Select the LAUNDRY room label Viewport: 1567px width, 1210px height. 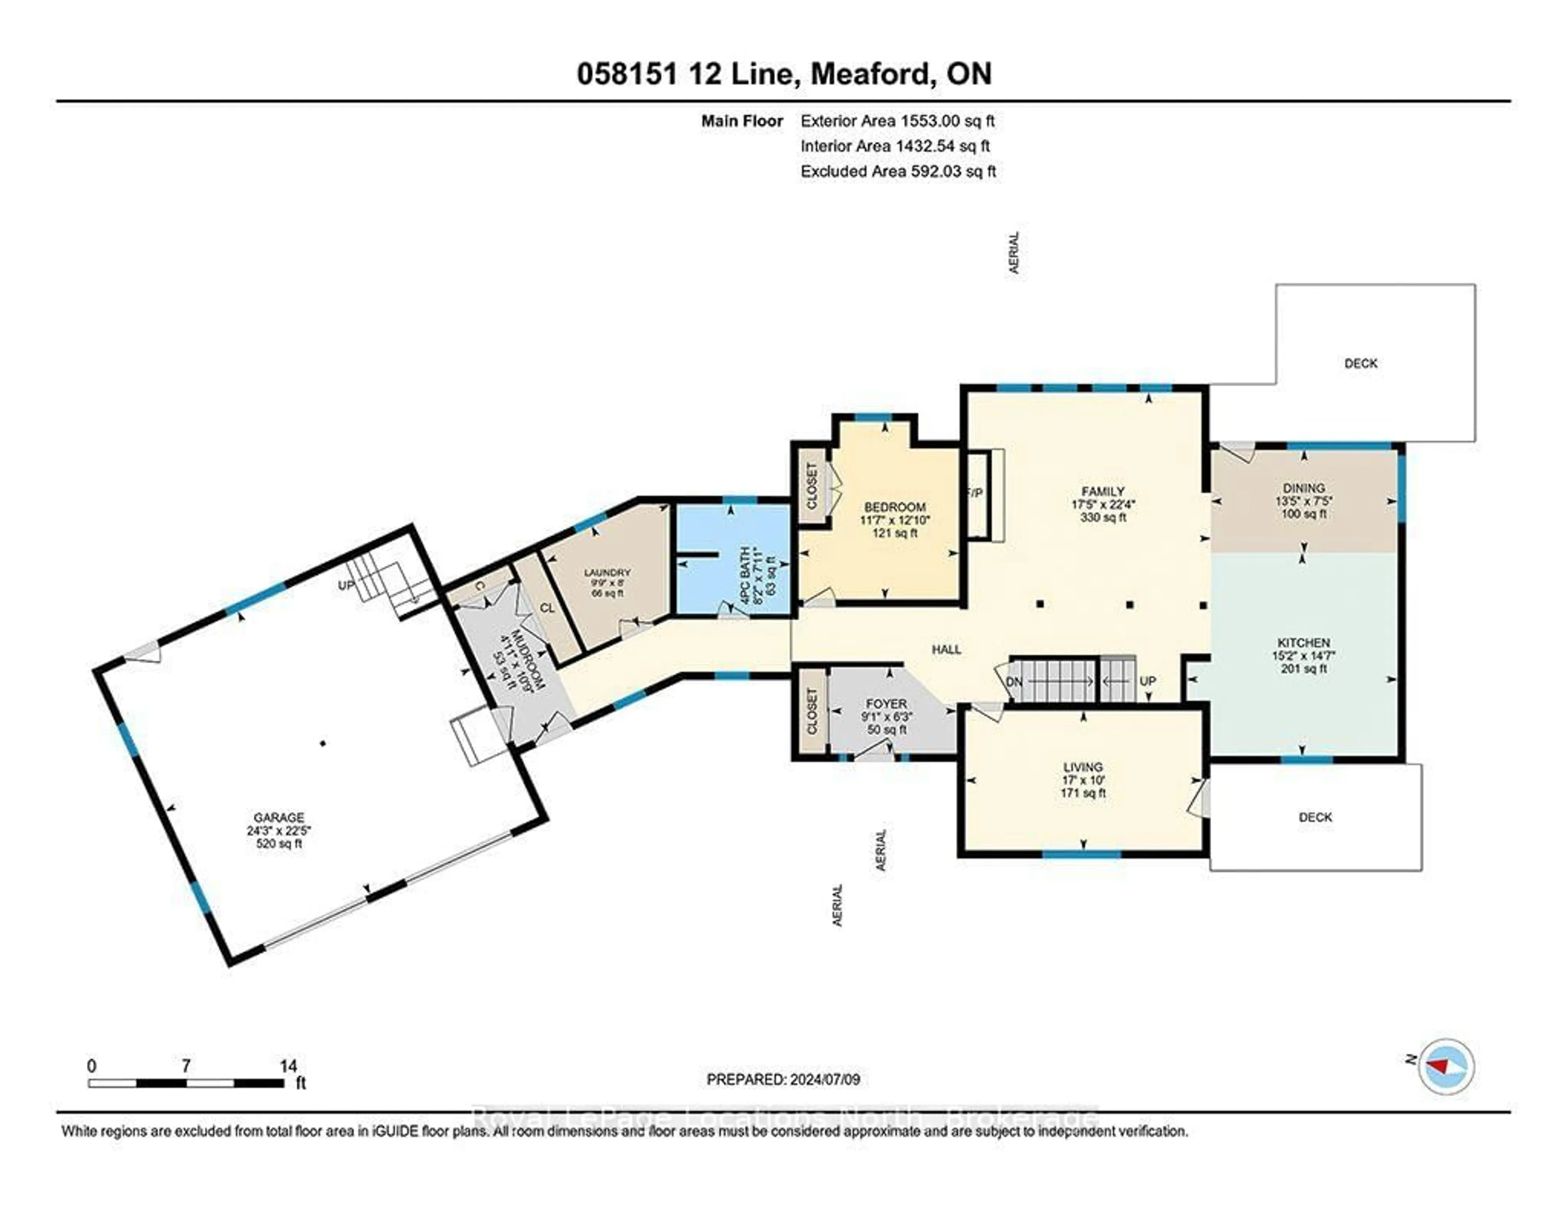(x=607, y=572)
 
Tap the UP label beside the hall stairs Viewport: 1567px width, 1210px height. (x=1147, y=681)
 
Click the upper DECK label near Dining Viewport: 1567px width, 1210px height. (x=1361, y=363)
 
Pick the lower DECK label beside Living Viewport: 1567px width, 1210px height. (x=1315, y=817)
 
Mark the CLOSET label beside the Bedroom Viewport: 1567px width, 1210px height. (x=812, y=485)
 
